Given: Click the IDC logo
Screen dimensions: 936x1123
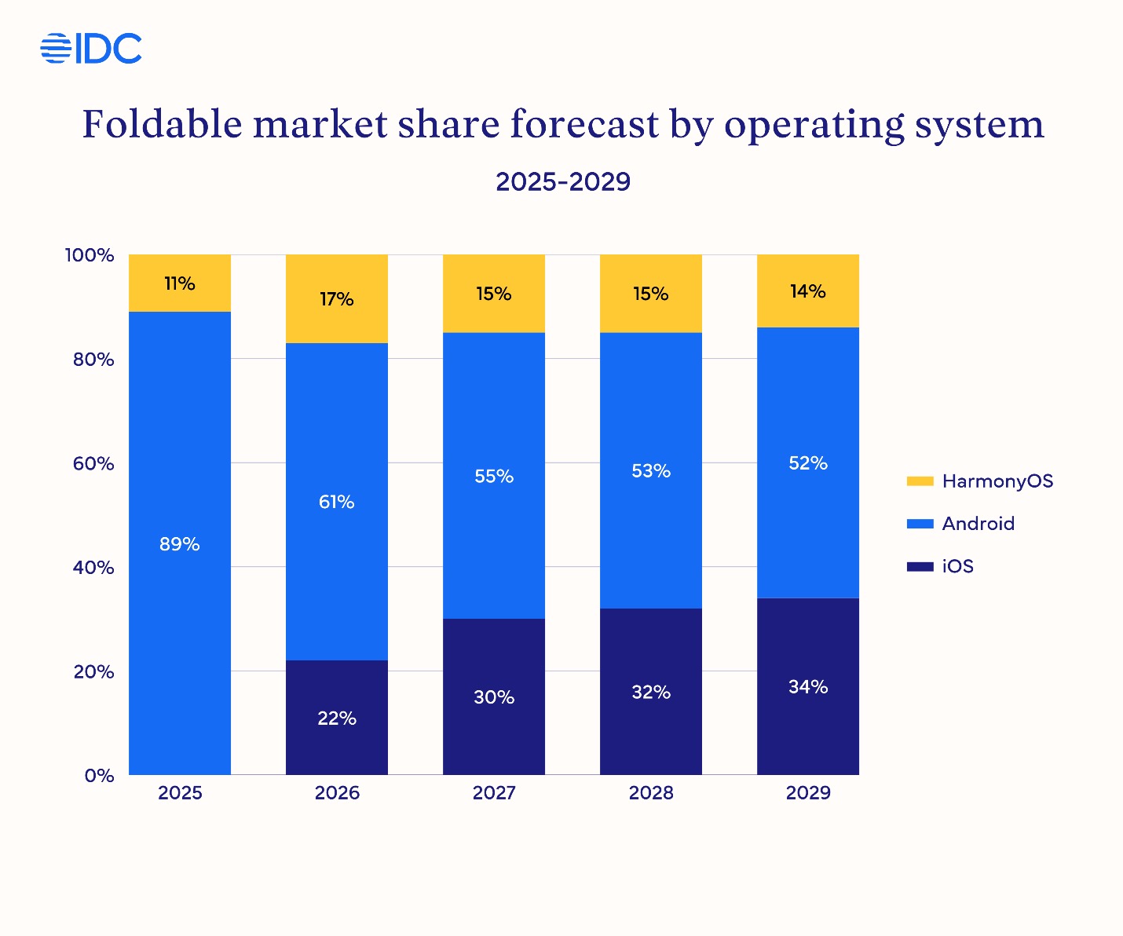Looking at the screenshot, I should (x=91, y=49).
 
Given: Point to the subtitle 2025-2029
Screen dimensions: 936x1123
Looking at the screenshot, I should (x=563, y=181).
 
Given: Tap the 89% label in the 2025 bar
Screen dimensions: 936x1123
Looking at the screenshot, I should (x=180, y=544).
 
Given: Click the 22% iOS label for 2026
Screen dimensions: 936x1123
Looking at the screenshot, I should (x=337, y=718).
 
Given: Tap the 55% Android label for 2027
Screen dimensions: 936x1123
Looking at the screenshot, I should (x=494, y=476).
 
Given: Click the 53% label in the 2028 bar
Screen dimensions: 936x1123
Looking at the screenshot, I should (x=651, y=471).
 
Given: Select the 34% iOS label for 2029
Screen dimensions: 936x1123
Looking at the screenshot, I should (x=808, y=687).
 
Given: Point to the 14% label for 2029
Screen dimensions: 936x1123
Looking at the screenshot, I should (x=808, y=291).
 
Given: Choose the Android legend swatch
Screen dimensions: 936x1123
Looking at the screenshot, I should (x=920, y=524).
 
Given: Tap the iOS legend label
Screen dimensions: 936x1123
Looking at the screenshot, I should (x=958, y=566).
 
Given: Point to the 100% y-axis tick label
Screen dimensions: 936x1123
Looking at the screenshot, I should (x=90, y=255).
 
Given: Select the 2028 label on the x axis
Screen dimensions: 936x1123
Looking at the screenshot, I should (x=651, y=793).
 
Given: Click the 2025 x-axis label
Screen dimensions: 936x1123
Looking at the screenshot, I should (x=180, y=793).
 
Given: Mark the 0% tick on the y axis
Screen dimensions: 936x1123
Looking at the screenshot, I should (x=100, y=776).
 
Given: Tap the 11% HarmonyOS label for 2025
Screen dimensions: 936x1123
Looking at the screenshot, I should (x=180, y=283).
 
